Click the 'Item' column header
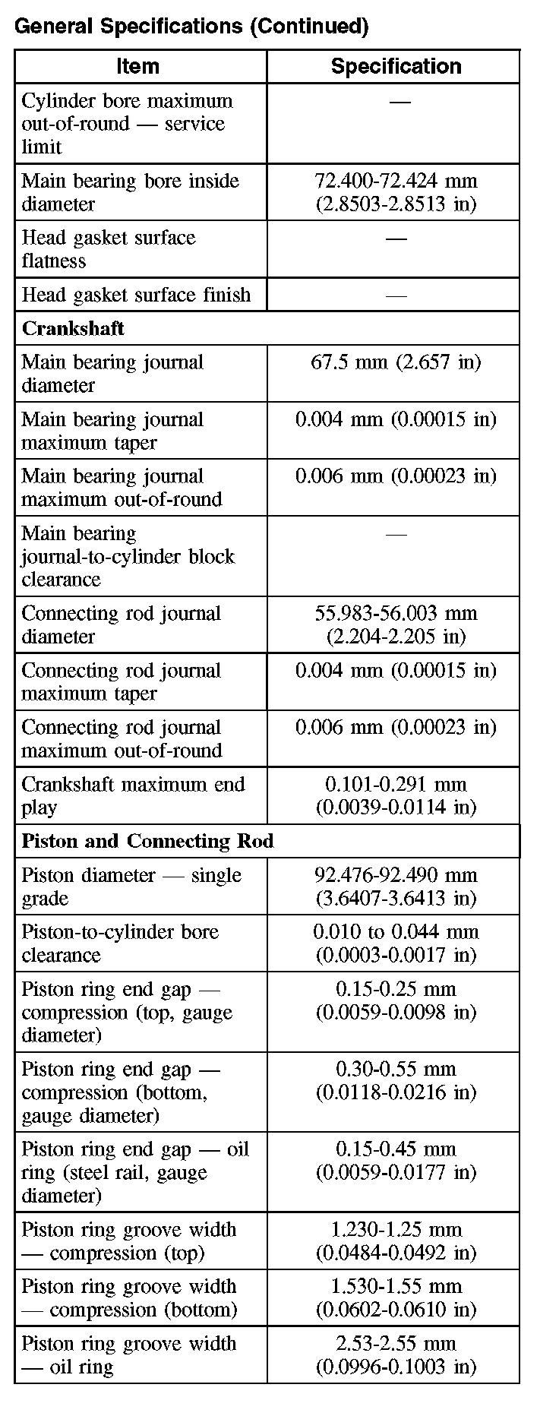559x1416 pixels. click(x=138, y=67)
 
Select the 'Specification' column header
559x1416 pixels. click(x=396, y=67)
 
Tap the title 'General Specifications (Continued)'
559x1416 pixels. click(x=191, y=27)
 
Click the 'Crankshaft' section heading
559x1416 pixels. click(x=73, y=329)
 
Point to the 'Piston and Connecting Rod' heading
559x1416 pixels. click(x=147, y=842)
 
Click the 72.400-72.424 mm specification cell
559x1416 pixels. click(x=396, y=192)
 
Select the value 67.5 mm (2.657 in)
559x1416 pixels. click(x=396, y=362)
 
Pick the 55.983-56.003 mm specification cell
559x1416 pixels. click(x=396, y=624)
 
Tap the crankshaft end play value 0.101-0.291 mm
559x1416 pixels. click(x=396, y=795)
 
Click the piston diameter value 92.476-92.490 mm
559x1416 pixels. click(x=396, y=887)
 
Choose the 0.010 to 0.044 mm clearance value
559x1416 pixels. click(x=396, y=943)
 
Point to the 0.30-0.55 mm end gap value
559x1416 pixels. click(x=396, y=1080)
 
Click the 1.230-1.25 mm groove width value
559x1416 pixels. click(x=396, y=1241)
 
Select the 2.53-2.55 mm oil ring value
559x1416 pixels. click(x=396, y=1354)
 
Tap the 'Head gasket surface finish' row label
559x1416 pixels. click(x=136, y=295)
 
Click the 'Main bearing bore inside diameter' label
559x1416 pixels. click(x=130, y=192)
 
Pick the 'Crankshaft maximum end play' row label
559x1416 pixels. click(x=133, y=795)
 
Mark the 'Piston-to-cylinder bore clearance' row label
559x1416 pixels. click(x=120, y=943)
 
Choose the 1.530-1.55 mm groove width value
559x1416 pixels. click(x=396, y=1297)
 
